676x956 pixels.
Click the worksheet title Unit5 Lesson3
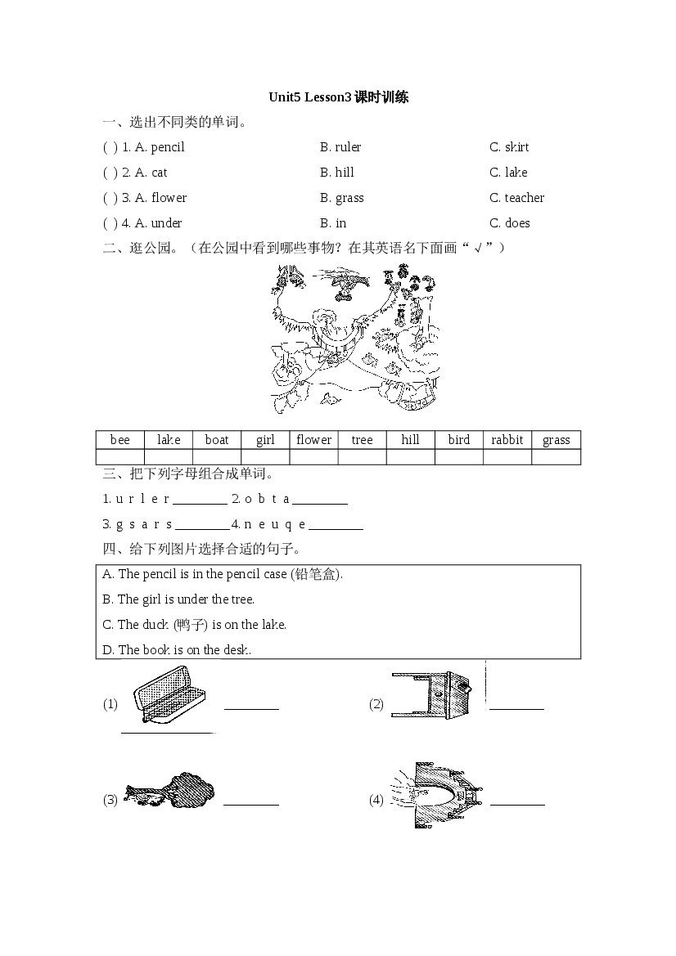[x=338, y=97]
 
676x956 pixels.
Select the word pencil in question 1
[x=168, y=147]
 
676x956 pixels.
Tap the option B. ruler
[x=340, y=147]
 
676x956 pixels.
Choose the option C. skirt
[x=509, y=147]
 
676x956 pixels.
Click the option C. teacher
[x=516, y=198]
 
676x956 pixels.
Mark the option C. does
[x=510, y=223]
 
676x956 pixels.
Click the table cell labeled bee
[x=120, y=440]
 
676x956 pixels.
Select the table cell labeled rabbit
[x=507, y=440]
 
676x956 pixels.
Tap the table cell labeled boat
[x=217, y=440]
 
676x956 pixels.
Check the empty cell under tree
[x=362, y=456]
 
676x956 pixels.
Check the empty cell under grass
[x=556, y=456]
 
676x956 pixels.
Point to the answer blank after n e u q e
[x=336, y=528]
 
